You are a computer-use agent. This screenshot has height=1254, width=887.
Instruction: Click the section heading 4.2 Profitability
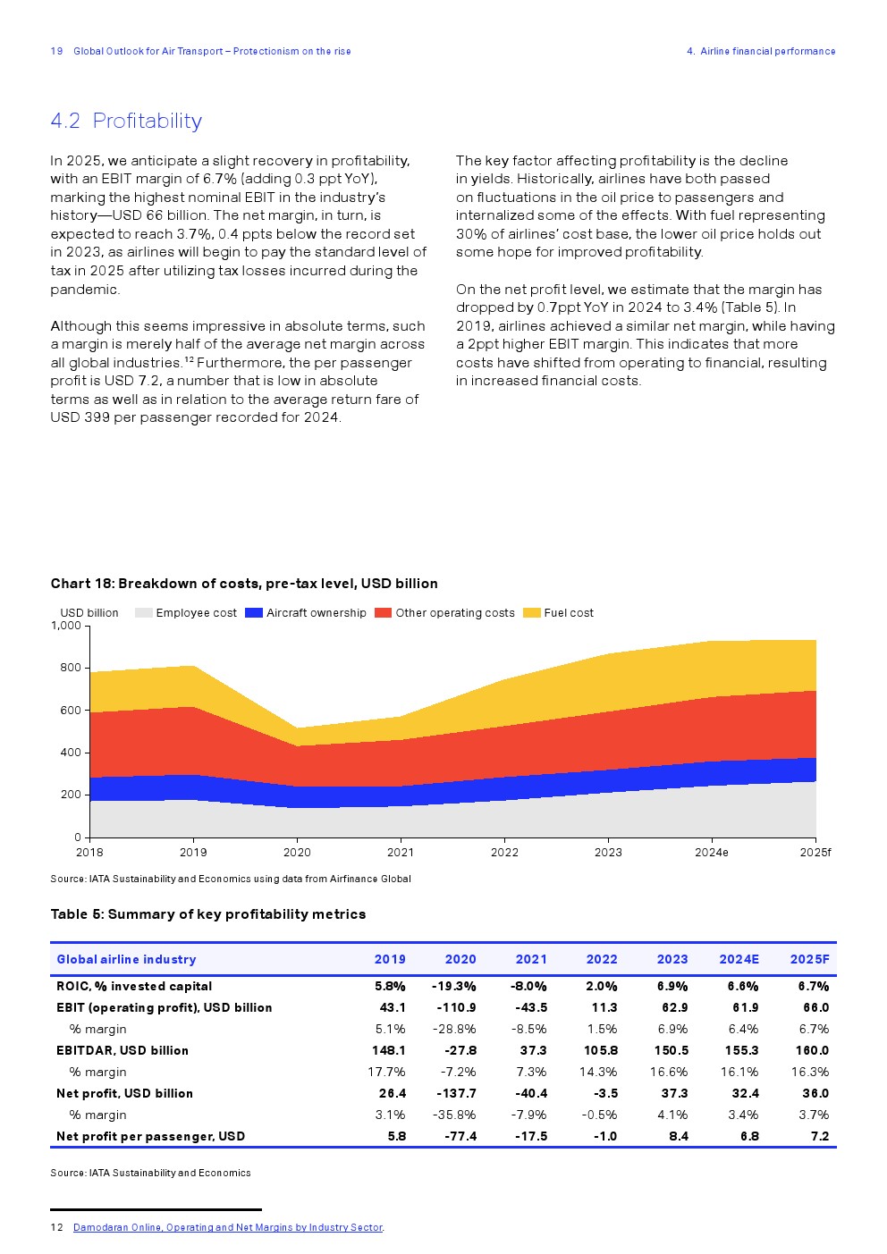tap(126, 121)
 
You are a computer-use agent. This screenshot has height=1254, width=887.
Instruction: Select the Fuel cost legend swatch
tap(531, 613)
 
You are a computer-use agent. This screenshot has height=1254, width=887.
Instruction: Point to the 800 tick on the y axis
tap(71, 668)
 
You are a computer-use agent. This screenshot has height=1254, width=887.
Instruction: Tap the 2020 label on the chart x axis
tap(297, 853)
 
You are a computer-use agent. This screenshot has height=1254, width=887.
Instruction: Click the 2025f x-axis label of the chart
tap(815, 853)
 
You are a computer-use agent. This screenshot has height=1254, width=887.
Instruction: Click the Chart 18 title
tap(244, 584)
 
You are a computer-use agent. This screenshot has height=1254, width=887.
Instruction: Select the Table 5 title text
tap(208, 914)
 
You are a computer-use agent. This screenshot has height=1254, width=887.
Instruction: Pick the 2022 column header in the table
tap(602, 959)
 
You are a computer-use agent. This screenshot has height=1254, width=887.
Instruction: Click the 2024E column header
tap(739, 959)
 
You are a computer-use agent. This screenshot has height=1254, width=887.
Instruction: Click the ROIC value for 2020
tap(454, 986)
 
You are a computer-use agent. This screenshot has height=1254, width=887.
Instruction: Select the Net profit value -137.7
tap(456, 1093)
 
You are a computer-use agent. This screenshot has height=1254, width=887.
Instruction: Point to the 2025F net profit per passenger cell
tap(820, 1136)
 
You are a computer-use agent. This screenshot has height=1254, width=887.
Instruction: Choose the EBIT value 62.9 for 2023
tap(672, 1007)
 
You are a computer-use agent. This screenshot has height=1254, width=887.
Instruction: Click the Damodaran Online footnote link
tap(228, 1227)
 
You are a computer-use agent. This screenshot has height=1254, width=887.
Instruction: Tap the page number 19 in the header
tap(56, 51)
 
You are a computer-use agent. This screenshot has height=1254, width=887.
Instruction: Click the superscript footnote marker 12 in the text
tap(189, 359)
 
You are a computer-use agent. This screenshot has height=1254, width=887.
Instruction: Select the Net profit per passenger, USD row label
tap(150, 1136)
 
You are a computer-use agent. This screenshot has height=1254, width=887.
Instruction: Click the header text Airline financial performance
tap(767, 51)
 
